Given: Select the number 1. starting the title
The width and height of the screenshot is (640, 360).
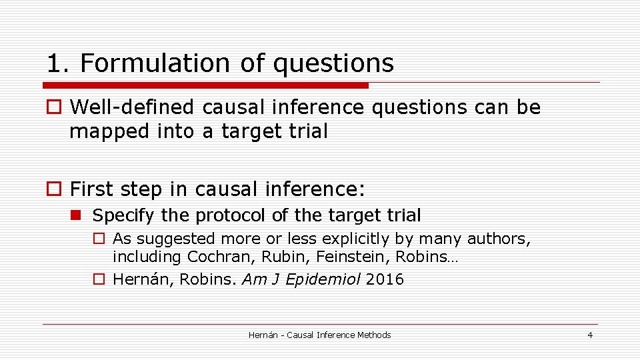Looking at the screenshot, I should coord(58,63).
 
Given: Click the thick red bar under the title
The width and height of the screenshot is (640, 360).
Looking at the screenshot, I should coord(205,85).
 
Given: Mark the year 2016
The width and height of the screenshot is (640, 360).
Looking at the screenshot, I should coord(385,279).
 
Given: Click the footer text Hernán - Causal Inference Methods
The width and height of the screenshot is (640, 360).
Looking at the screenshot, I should coord(319,335).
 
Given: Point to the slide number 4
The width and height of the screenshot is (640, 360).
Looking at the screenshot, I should coord(589,335).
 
